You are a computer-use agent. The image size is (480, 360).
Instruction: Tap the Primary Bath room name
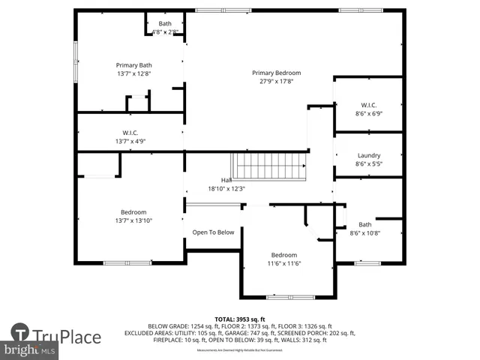pos(133,65)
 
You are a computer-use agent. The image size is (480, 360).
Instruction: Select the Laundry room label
pos(368,155)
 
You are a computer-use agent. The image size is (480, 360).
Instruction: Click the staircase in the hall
pos(269,164)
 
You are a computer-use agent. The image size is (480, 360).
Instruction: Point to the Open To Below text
pos(213,232)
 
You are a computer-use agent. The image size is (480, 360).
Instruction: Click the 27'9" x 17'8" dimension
pos(276,82)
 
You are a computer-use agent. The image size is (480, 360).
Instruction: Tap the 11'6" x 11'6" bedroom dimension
pos(284,264)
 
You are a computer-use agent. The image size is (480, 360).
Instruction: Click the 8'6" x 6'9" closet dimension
pos(368,114)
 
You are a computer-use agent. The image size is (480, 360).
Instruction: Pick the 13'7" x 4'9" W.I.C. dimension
pos(130,141)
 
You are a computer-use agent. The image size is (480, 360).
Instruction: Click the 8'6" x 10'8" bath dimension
pos(365,233)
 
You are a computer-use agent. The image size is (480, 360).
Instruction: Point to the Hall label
pos(226,181)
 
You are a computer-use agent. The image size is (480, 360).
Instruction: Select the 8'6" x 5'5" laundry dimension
pos(368,163)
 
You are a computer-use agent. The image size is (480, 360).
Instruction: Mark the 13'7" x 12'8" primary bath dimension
pos(133,73)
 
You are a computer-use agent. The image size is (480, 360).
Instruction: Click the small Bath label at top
pos(164,24)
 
